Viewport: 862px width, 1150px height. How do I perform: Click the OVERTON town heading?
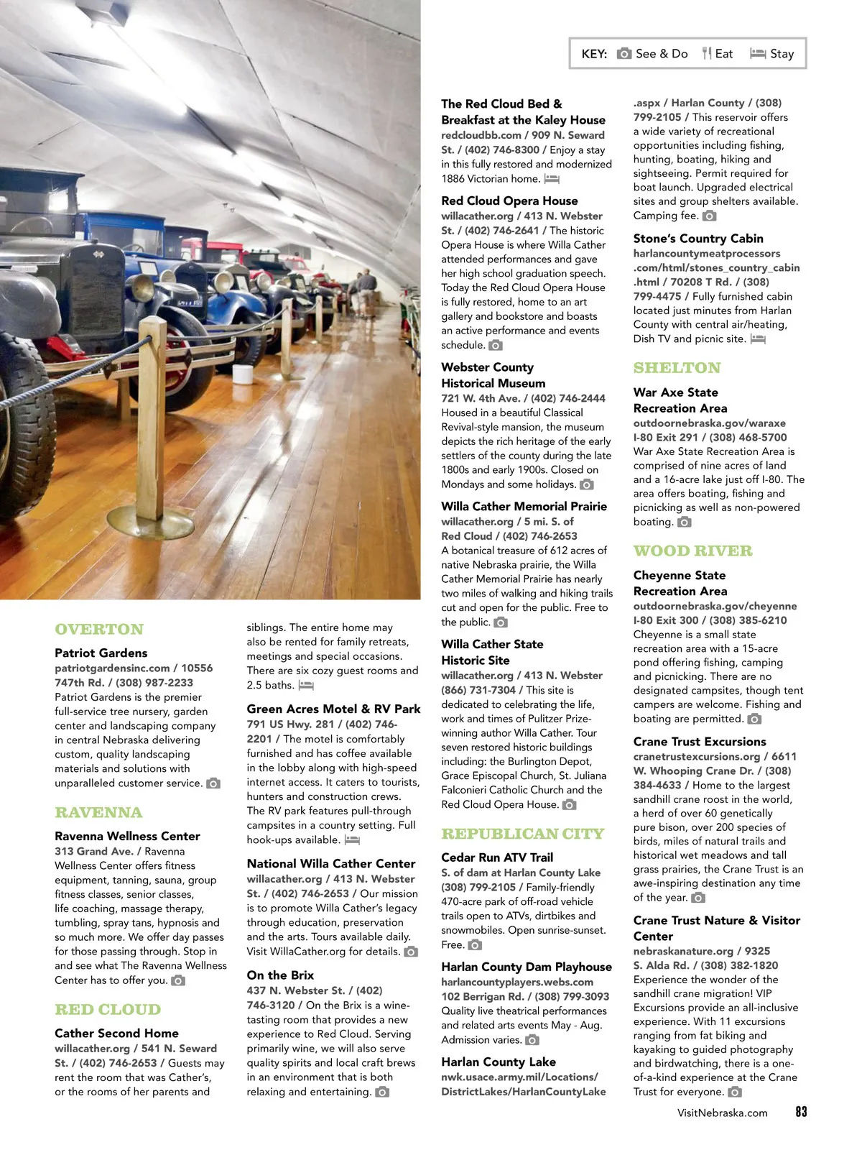pos(99,629)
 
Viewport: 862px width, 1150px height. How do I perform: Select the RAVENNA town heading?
pos(98,812)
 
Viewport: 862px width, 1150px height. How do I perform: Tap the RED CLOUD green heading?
pos(108,1009)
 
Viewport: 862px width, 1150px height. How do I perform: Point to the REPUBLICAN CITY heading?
pos(522,834)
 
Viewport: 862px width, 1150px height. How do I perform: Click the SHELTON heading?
pos(677,368)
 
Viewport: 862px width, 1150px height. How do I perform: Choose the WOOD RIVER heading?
pos(692,551)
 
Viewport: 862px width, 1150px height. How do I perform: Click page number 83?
pos(801,1111)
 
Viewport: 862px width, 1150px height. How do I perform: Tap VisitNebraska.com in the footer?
pos(722,1113)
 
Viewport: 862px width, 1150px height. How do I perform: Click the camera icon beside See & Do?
pos(624,53)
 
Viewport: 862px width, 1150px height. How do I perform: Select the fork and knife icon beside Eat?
pos(707,53)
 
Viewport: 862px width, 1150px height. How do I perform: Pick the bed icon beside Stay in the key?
pos(758,53)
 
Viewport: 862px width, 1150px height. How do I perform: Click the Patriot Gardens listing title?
pos(101,653)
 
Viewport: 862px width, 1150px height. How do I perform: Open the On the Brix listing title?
pos(280,975)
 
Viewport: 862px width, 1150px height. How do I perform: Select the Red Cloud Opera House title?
pos(509,201)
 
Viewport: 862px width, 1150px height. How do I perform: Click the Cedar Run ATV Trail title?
pos(497,857)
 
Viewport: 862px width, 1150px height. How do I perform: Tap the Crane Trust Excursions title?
pos(699,741)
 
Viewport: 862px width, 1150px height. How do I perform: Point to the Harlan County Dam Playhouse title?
pos(526,967)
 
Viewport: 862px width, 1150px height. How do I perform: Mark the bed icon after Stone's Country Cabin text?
pos(758,339)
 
